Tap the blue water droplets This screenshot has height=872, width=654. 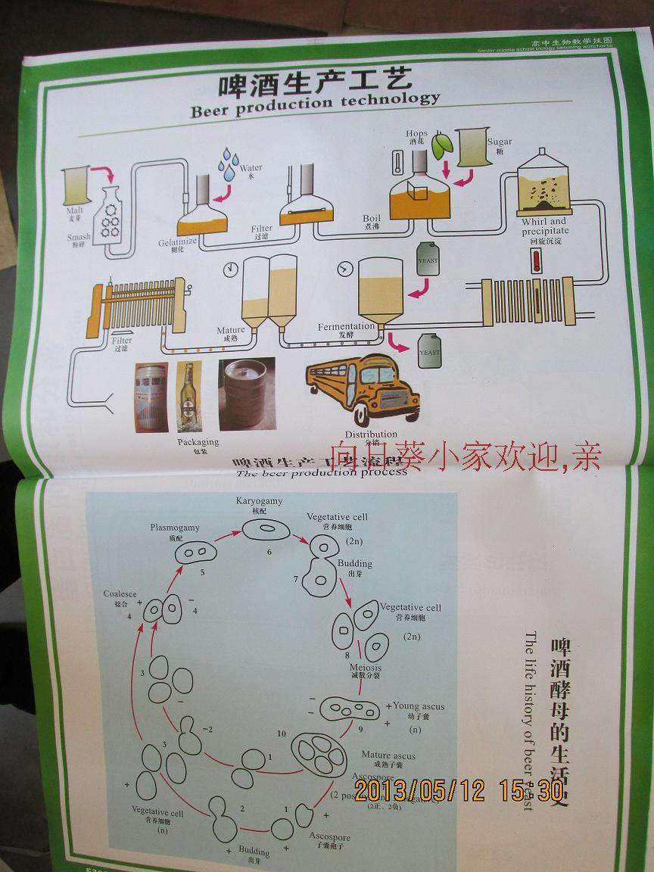click(x=228, y=164)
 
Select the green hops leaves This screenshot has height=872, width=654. click(x=442, y=145)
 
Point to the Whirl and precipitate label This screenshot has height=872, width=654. click(x=545, y=226)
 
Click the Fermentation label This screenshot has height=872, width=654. click(x=346, y=327)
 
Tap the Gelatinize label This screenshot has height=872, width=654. click(x=178, y=241)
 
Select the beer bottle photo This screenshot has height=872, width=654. click(x=189, y=397)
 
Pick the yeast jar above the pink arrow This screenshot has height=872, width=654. click(x=428, y=261)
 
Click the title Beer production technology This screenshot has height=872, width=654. click(x=315, y=101)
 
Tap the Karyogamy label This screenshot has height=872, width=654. click(x=259, y=502)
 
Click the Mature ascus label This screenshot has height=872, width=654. click(x=388, y=755)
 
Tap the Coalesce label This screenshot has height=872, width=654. click(x=120, y=594)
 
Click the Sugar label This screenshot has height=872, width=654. click(x=500, y=142)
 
